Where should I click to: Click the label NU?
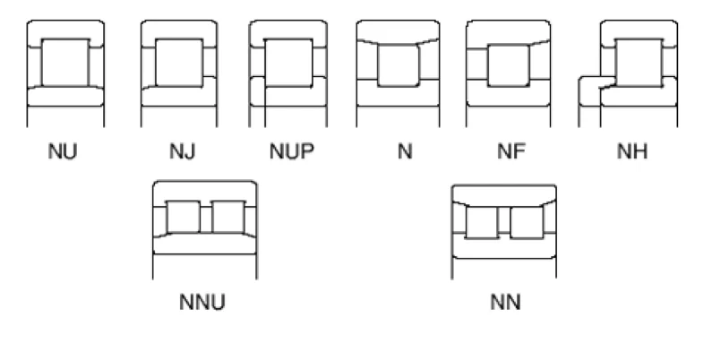63,150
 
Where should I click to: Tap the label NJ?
181,150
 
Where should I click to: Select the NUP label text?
291,150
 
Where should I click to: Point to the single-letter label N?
405,150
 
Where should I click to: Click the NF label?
509,150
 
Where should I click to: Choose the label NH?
632,150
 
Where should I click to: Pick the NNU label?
202,301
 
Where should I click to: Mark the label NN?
505,301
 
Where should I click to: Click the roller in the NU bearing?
64,62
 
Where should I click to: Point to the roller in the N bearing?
399,64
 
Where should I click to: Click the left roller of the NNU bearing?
184,217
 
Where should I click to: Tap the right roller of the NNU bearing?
227,217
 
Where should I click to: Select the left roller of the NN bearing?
481,222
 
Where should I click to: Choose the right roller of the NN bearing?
527,222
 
